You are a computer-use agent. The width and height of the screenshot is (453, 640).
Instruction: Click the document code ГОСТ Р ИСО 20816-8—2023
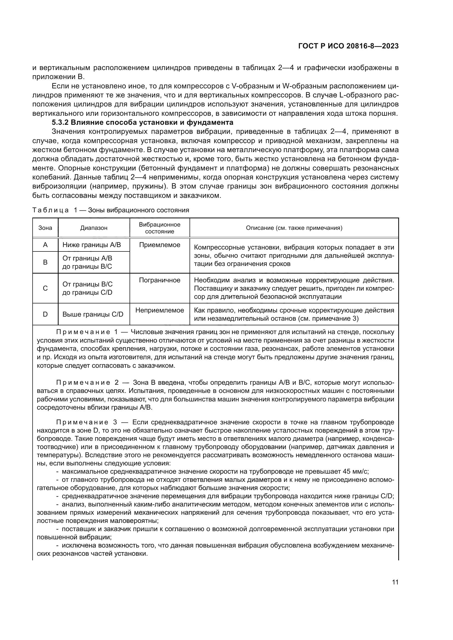click(348, 46)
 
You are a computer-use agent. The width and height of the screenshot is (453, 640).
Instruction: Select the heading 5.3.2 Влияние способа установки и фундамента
click(142, 122)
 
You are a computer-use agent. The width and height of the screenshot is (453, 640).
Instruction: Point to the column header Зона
click(45, 228)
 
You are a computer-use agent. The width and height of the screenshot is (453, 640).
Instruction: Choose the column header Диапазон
click(94, 228)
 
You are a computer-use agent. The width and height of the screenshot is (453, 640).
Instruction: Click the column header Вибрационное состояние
click(160, 228)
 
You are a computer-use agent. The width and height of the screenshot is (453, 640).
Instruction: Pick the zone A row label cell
click(45, 245)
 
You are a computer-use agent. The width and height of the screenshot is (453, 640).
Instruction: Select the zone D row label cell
click(45, 314)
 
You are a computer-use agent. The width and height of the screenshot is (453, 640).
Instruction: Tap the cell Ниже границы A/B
click(92, 245)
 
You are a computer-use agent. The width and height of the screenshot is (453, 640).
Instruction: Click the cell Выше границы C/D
click(93, 314)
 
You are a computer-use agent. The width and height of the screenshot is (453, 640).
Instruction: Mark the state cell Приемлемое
click(160, 245)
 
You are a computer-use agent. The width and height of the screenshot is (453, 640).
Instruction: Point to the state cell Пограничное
click(160, 280)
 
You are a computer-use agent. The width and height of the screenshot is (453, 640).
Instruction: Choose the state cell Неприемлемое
click(160, 310)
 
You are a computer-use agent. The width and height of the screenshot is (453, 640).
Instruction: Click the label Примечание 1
click(87, 332)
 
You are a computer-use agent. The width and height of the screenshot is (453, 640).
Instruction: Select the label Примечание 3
click(87, 422)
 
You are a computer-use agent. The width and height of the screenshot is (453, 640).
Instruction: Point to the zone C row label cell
click(45, 288)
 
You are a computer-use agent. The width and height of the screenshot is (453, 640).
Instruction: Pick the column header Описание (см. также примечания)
click(294, 228)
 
